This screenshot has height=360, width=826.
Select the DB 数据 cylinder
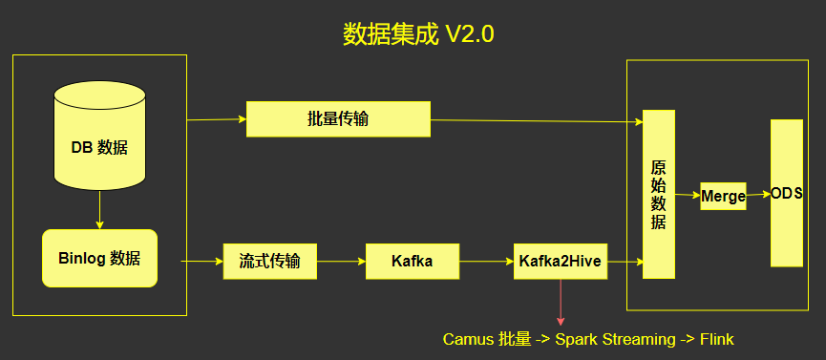point(99,136)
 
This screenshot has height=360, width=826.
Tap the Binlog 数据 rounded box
point(99,258)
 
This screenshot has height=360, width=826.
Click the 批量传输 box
point(338,119)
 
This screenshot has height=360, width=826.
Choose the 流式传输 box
point(270,262)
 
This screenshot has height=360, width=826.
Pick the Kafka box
point(412,262)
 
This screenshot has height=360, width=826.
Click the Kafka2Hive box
point(561,262)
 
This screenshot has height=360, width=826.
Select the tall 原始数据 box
point(659,195)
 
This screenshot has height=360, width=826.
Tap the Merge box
point(723,196)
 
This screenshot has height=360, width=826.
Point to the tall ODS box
point(787,193)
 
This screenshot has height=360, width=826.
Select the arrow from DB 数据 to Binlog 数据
point(99,210)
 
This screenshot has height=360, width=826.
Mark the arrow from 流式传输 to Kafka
point(341,261)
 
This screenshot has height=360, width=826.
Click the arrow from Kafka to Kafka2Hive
point(486,261)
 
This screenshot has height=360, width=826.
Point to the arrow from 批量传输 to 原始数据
point(537,121)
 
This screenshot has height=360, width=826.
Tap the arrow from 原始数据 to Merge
point(688,195)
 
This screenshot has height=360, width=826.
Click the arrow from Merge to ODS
point(758,195)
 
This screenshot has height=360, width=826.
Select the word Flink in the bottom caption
point(717,339)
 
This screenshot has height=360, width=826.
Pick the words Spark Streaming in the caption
point(615,340)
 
